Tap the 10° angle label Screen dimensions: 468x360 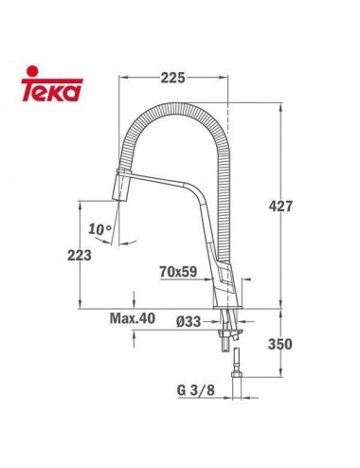[100, 229]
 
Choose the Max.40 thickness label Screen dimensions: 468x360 [132, 319]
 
